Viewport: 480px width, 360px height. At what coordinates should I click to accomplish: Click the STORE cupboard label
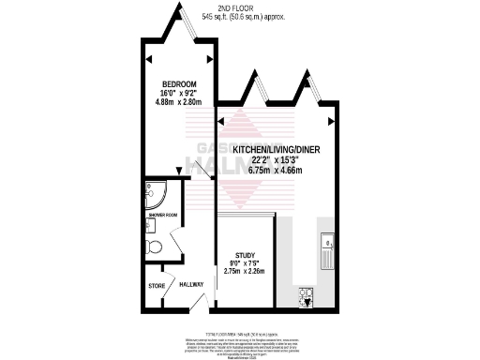(157, 285)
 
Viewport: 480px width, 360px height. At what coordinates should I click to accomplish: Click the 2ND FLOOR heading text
(242, 7)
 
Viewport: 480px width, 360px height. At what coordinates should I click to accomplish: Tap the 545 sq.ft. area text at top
(242, 17)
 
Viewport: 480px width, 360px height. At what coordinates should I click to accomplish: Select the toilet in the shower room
(154, 246)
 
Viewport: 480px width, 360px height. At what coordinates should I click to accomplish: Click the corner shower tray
(155, 195)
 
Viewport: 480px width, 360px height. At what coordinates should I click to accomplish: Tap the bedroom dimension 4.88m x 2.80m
(175, 103)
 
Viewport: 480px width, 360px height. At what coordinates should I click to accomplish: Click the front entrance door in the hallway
(199, 304)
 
